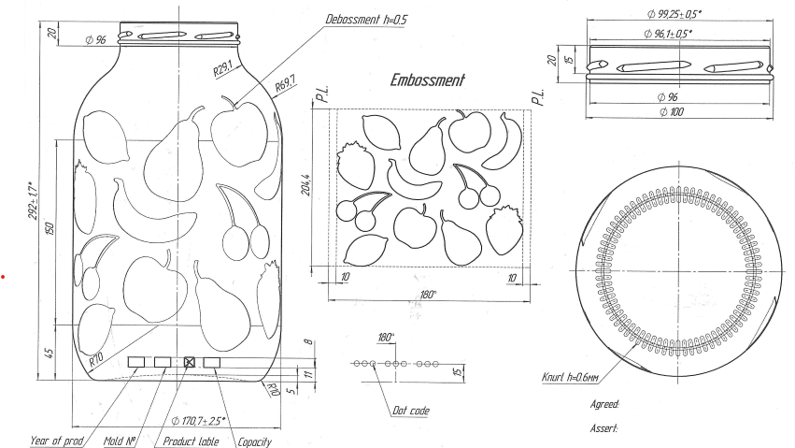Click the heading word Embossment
tap(427, 80)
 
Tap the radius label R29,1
tap(221, 69)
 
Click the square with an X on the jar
tap(190, 361)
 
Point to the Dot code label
tap(410, 410)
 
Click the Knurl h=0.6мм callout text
tap(570, 379)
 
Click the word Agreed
tap(605, 404)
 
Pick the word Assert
tap(605, 428)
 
